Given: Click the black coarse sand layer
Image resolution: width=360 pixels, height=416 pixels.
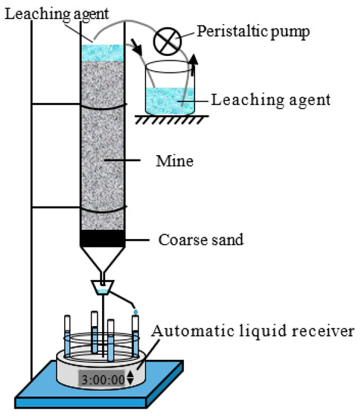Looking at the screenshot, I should coord(102,237).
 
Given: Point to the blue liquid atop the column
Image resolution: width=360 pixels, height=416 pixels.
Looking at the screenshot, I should coord(102,53).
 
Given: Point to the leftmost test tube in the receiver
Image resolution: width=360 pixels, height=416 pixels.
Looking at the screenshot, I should coord(68,341).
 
